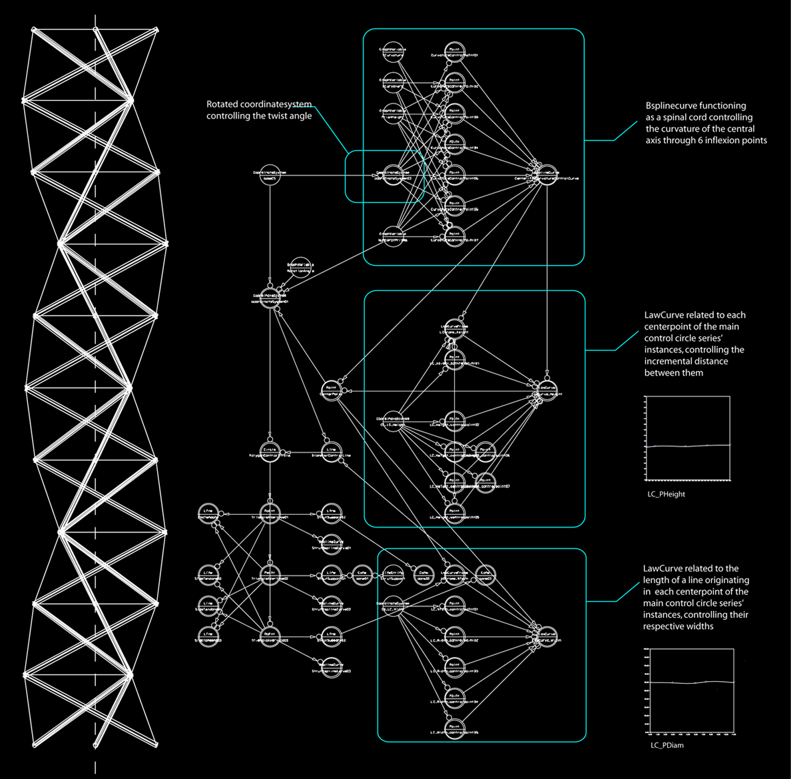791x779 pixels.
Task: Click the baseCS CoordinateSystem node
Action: coord(270,174)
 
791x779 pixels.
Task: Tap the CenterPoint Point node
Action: coord(330,389)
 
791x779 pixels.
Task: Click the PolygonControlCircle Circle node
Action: coord(270,452)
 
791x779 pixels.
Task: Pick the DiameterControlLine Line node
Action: coord(331,452)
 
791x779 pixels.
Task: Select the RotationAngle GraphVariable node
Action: coord(300,267)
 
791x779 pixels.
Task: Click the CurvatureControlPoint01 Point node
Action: coord(454,52)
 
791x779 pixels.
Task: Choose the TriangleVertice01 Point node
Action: coord(270,513)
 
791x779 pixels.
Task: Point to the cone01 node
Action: coord(362,575)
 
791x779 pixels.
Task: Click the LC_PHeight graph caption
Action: coord(666,494)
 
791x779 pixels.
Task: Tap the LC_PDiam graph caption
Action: coord(666,745)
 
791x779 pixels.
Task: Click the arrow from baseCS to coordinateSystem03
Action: coord(326,175)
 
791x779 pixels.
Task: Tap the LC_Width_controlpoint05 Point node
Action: coord(454,728)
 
